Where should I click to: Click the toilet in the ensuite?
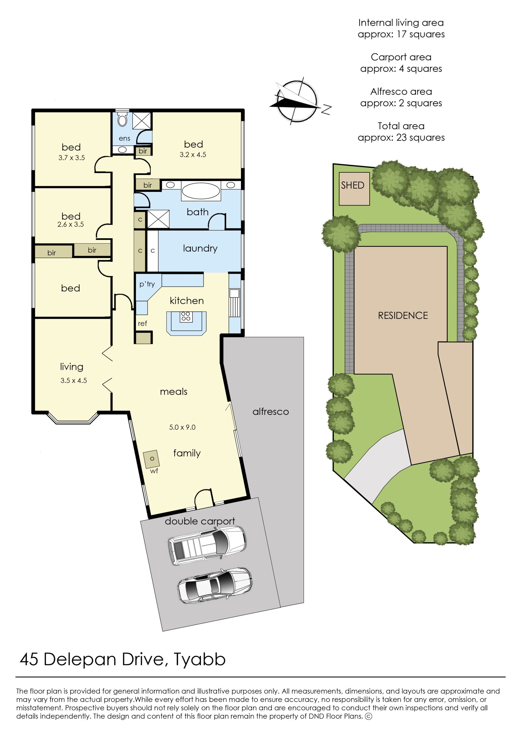tap(122, 119)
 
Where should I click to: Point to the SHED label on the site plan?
tap(352, 185)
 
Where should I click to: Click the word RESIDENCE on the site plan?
tap(403, 315)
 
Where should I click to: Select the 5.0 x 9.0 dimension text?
tap(182, 427)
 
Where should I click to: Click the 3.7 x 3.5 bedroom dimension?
tap(71, 158)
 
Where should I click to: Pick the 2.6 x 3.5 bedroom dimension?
tap(71, 224)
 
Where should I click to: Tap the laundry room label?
tap(200, 248)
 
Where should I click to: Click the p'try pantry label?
tap(147, 284)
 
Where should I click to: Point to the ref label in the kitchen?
tap(142, 323)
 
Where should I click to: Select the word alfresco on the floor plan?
tap(270, 411)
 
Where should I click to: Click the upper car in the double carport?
tap(207, 545)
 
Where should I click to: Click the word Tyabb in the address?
tap(200, 660)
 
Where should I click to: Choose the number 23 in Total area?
tap(401, 138)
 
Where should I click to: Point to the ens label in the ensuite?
tap(124, 138)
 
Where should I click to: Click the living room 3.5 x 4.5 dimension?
tap(74, 381)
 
